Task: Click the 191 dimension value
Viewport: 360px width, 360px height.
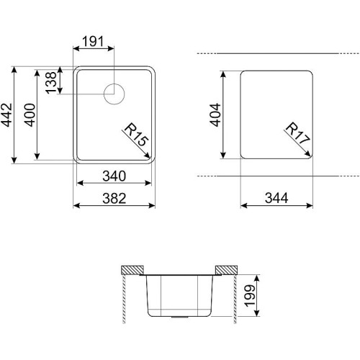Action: click(x=93, y=41)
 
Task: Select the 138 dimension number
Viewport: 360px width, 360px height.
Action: click(x=51, y=83)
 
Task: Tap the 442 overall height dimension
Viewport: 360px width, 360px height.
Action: click(x=6, y=114)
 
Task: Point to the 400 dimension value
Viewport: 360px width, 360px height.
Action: click(x=30, y=114)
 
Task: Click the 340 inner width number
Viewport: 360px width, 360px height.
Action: click(x=114, y=176)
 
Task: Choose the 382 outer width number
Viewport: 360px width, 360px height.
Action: click(x=114, y=199)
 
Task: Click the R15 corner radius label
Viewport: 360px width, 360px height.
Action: click(x=136, y=134)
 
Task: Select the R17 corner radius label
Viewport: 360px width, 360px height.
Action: click(x=298, y=132)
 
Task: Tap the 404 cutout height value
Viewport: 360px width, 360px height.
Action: click(x=215, y=114)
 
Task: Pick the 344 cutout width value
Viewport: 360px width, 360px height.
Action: click(x=276, y=198)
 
